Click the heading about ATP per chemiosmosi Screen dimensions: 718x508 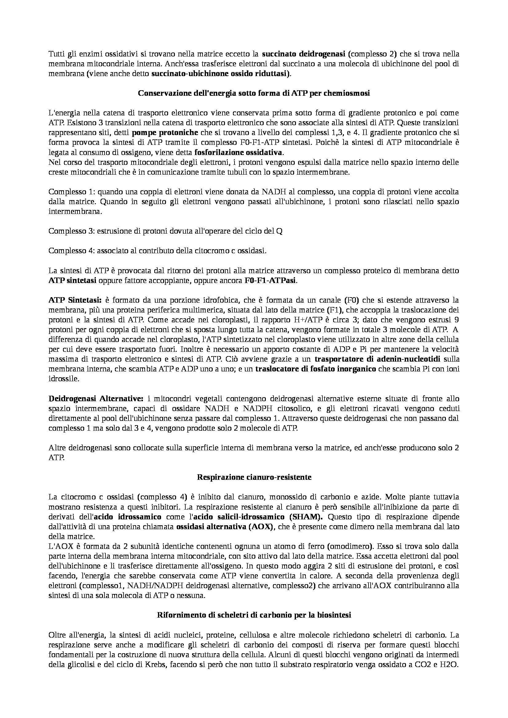click(254, 94)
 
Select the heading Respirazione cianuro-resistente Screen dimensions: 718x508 click(254, 477)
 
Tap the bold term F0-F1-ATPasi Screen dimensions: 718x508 click(270, 280)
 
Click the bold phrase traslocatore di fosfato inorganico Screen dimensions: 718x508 click(316, 369)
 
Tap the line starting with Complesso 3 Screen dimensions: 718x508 click(166, 231)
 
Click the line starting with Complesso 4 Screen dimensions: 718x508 click(158, 251)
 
